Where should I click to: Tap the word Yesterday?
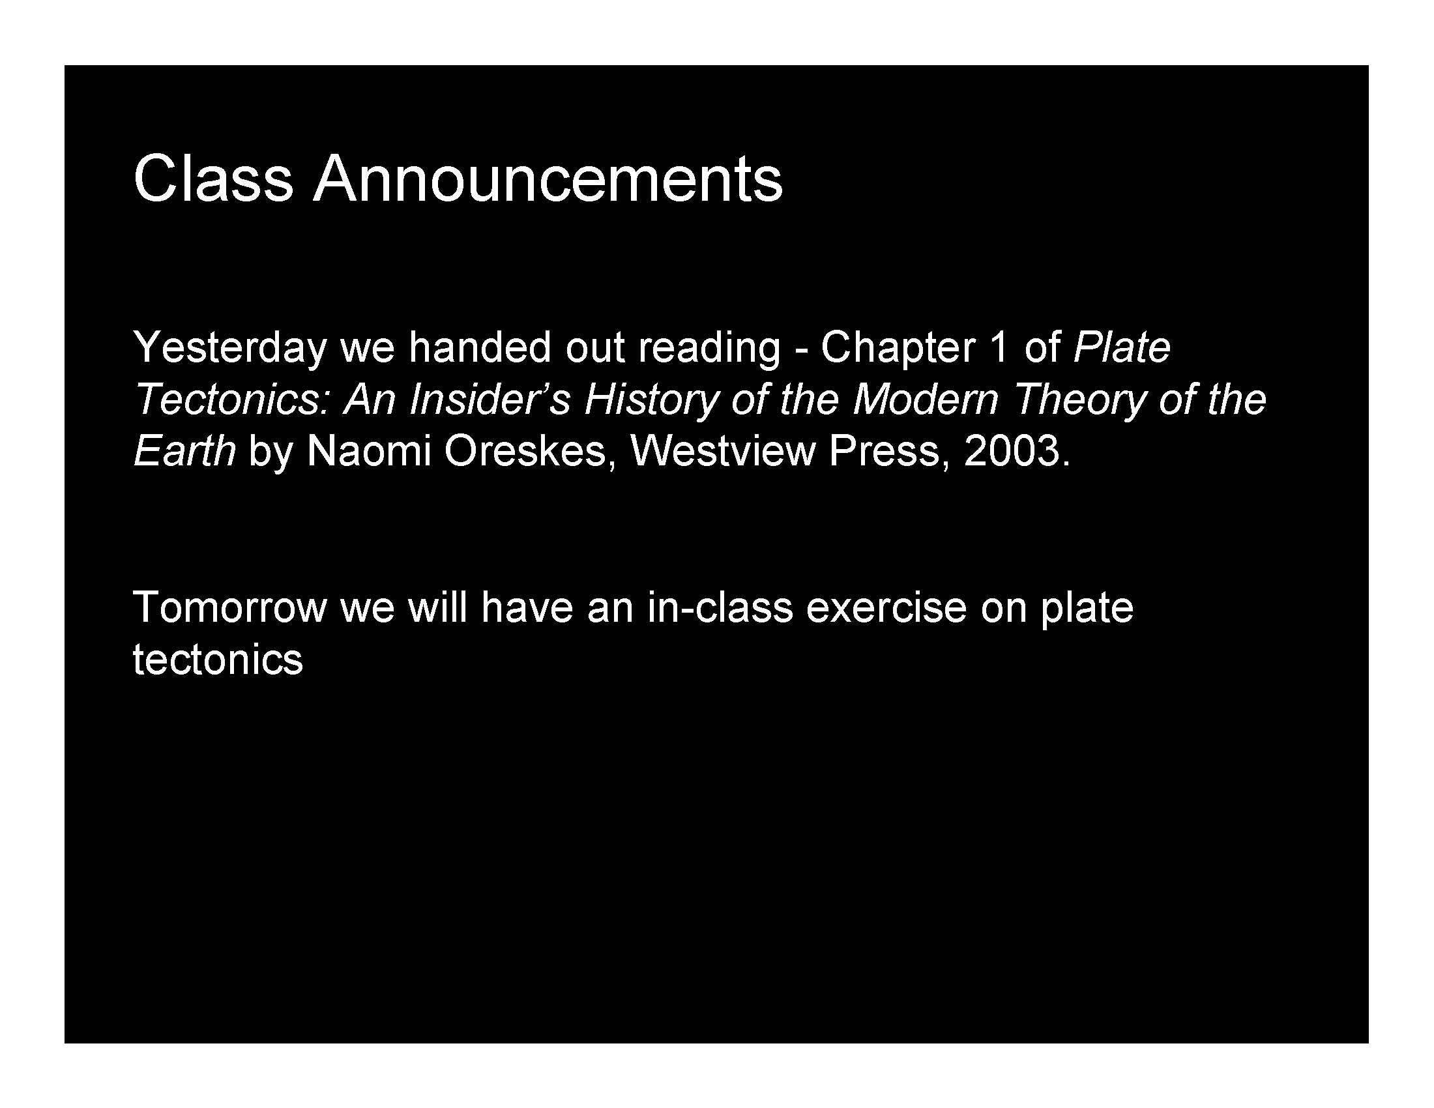coord(230,349)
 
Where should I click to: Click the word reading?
coord(710,349)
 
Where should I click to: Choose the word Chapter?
coord(898,349)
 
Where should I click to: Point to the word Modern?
coord(925,399)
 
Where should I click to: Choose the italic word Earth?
coord(184,452)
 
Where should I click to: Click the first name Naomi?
coord(368,452)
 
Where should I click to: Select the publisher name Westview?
coord(722,452)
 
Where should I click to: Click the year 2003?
coord(1011,452)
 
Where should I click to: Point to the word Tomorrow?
coord(230,608)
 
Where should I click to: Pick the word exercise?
coord(886,608)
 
